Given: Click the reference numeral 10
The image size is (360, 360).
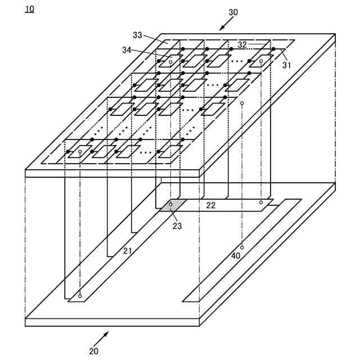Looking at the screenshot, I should click(29, 9).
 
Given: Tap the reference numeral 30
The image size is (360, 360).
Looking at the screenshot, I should click(233, 12).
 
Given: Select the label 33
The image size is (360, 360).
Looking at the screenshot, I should click(137, 35).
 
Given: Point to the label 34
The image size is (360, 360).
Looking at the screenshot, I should click(128, 50).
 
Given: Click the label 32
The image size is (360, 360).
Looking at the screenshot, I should click(242, 44).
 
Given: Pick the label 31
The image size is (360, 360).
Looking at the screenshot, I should click(286, 65).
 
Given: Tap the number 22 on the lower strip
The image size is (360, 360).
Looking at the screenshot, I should click(210, 205).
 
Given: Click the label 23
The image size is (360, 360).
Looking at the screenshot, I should click(177, 226).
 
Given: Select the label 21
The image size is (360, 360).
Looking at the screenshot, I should click(128, 251).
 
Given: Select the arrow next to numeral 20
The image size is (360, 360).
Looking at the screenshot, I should click(101, 337).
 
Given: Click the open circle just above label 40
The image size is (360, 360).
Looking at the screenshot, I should click(242, 247).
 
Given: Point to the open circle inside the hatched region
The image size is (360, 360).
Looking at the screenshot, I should click(171, 204).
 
